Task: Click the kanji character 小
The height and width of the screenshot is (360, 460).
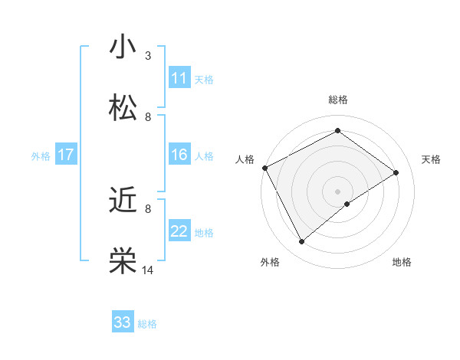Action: click(x=123, y=47)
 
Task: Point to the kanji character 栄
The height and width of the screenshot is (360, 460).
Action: click(x=123, y=261)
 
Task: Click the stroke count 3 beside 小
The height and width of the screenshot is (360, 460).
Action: click(x=148, y=55)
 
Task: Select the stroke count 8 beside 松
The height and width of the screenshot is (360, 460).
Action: click(x=148, y=116)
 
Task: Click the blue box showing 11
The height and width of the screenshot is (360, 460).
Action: click(x=179, y=78)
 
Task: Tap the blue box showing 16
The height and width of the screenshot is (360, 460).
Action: click(x=179, y=155)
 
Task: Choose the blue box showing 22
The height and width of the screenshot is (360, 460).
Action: click(x=179, y=231)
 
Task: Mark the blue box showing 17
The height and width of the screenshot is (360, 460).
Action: click(x=65, y=155)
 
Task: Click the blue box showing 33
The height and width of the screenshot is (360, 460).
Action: click(x=123, y=322)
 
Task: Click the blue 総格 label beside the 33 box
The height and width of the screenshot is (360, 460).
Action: click(x=147, y=324)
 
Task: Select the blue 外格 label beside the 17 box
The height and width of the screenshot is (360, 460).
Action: click(x=41, y=156)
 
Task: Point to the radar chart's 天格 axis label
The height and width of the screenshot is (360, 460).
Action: click(x=431, y=159)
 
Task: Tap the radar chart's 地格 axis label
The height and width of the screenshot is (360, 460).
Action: click(x=402, y=262)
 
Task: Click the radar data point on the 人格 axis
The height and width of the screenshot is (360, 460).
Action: click(x=264, y=168)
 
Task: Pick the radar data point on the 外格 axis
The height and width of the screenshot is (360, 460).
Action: click(x=302, y=242)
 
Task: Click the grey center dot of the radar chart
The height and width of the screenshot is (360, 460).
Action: click(x=337, y=191)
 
